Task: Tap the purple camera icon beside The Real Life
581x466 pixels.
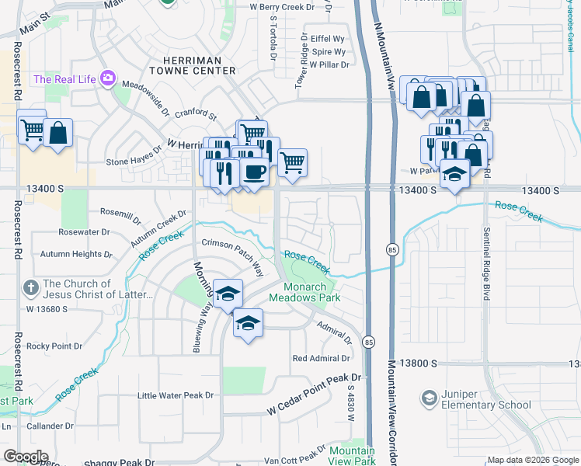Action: [x=107, y=78]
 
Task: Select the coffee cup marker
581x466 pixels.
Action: [x=253, y=171]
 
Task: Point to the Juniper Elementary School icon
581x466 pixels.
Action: [x=428, y=399]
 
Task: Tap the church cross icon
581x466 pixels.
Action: [x=32, y=287]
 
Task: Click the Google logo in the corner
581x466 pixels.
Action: [x=26, y=457]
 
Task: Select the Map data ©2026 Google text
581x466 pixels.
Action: [x=532, y=460]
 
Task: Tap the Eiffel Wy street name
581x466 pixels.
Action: [x=327, y=38]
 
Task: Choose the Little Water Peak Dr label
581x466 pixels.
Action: [x=175, y=395]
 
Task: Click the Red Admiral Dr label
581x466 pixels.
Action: [x=321, y=358]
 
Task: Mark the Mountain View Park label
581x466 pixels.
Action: [x=352, y=456]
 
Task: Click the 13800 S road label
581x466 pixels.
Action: [x=418, y=363]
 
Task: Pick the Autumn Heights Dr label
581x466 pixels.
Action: [x=71, y=254]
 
